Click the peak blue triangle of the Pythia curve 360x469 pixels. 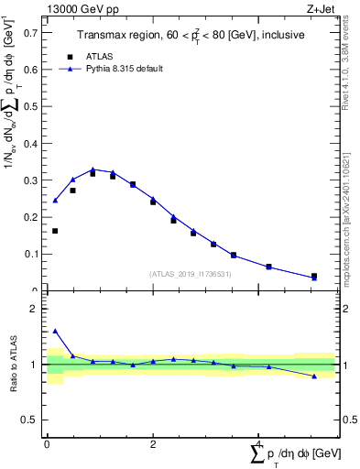click(93, 169)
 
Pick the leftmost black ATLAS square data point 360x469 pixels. click(55, 231)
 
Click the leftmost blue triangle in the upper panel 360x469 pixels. click(55, 201)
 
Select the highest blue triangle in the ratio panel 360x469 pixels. click(55, 331)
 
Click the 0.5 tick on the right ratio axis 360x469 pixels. click(344, 420)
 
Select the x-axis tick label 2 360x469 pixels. click(152, 443)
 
